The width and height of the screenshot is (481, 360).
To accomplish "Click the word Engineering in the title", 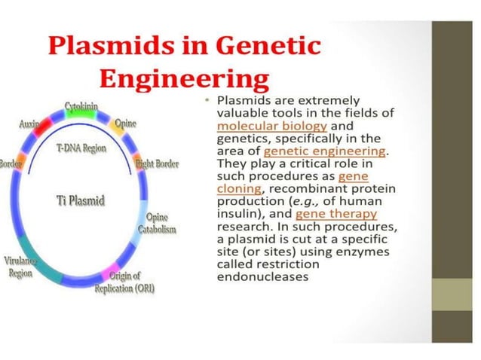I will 185,78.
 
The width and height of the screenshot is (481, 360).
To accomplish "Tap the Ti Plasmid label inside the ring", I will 81,200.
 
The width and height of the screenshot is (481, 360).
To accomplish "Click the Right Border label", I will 156,163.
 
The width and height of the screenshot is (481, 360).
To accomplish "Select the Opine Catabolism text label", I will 157,223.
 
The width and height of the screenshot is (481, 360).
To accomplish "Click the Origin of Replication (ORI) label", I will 125,283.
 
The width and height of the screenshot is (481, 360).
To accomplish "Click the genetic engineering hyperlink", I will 324,151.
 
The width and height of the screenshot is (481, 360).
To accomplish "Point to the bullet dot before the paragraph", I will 206,100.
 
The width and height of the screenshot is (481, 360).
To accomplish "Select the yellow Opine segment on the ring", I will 118,125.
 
